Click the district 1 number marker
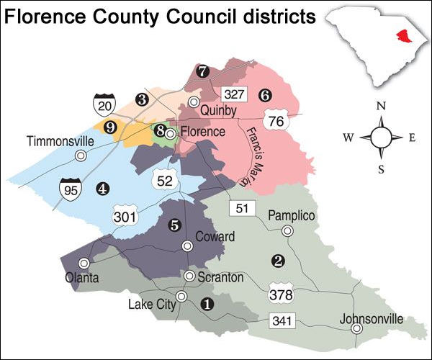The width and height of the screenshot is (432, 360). click(x=208, y=304)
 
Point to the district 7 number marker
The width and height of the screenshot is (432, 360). click(x=203, y=71)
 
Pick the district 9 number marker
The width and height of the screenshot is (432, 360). click(x=110, y=127)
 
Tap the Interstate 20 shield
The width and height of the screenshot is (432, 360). click(x=102, y=105)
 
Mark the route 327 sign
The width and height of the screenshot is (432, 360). click(x=235, y=94)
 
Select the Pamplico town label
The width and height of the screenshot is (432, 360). click(x=292, y=215)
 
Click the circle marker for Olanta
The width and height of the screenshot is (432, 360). click(x=84, y=263)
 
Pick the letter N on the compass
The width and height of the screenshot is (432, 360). click(x=381, y=106)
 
